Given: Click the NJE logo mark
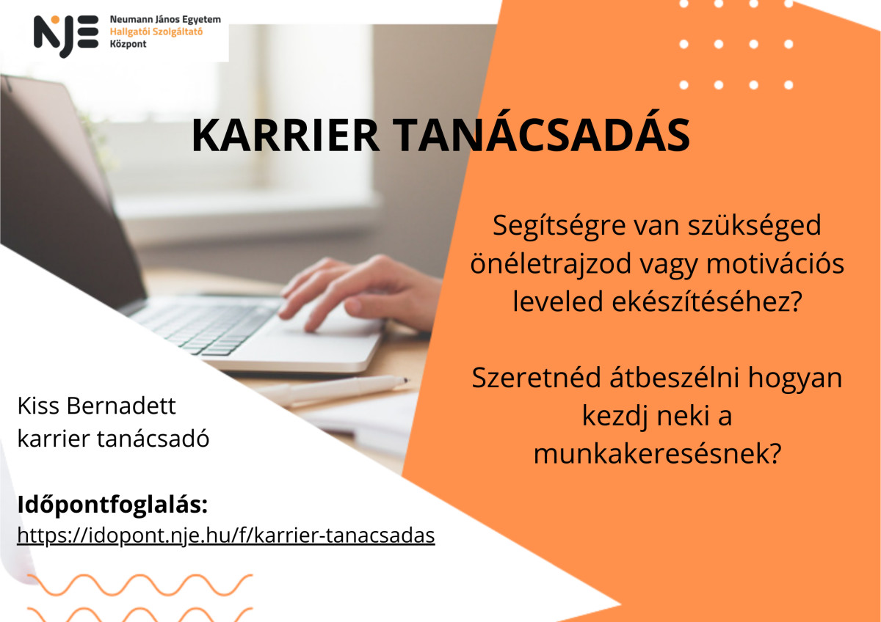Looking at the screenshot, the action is (66, 36).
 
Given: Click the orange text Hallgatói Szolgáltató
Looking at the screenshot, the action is (156, 32).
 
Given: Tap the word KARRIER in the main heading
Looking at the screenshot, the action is (285, 135).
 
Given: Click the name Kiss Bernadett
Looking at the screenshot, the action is (96, 406).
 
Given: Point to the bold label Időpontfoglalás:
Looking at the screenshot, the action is (112, 505).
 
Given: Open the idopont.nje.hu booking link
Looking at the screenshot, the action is (226, 535).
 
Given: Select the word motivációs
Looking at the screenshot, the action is (775, 263).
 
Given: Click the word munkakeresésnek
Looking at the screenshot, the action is (657, 454).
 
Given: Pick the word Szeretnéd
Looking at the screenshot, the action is (537, 378).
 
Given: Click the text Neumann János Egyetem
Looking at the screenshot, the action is (165, 19).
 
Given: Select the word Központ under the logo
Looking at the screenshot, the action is (128, 44).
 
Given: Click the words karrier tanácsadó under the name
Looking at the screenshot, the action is (113, 439).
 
